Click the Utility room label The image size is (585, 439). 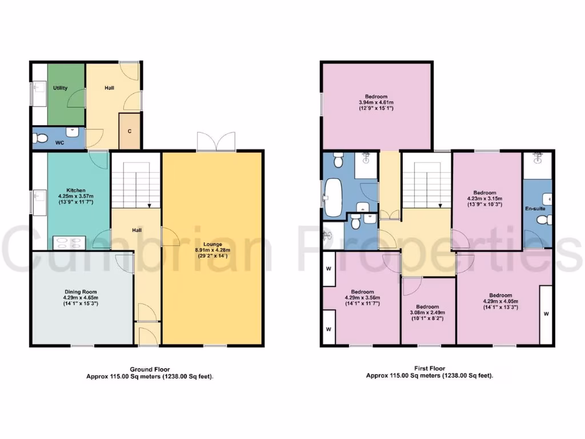coord(61,88)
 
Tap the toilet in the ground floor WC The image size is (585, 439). coord(39,138)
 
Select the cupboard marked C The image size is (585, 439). coord(130,131)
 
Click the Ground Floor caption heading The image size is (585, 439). coord(150,369)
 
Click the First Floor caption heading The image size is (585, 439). coord(429,369)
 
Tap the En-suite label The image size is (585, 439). coord(535,209)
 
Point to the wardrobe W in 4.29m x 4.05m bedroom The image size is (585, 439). coord(546,313)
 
